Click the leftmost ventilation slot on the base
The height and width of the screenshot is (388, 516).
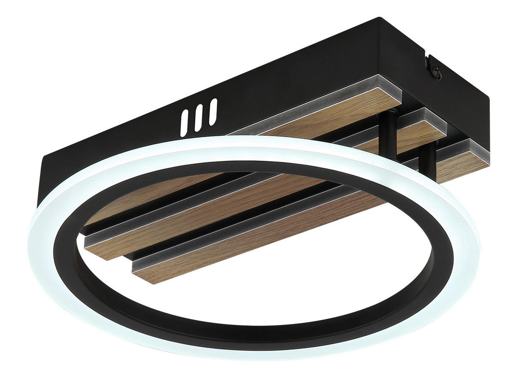184,123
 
